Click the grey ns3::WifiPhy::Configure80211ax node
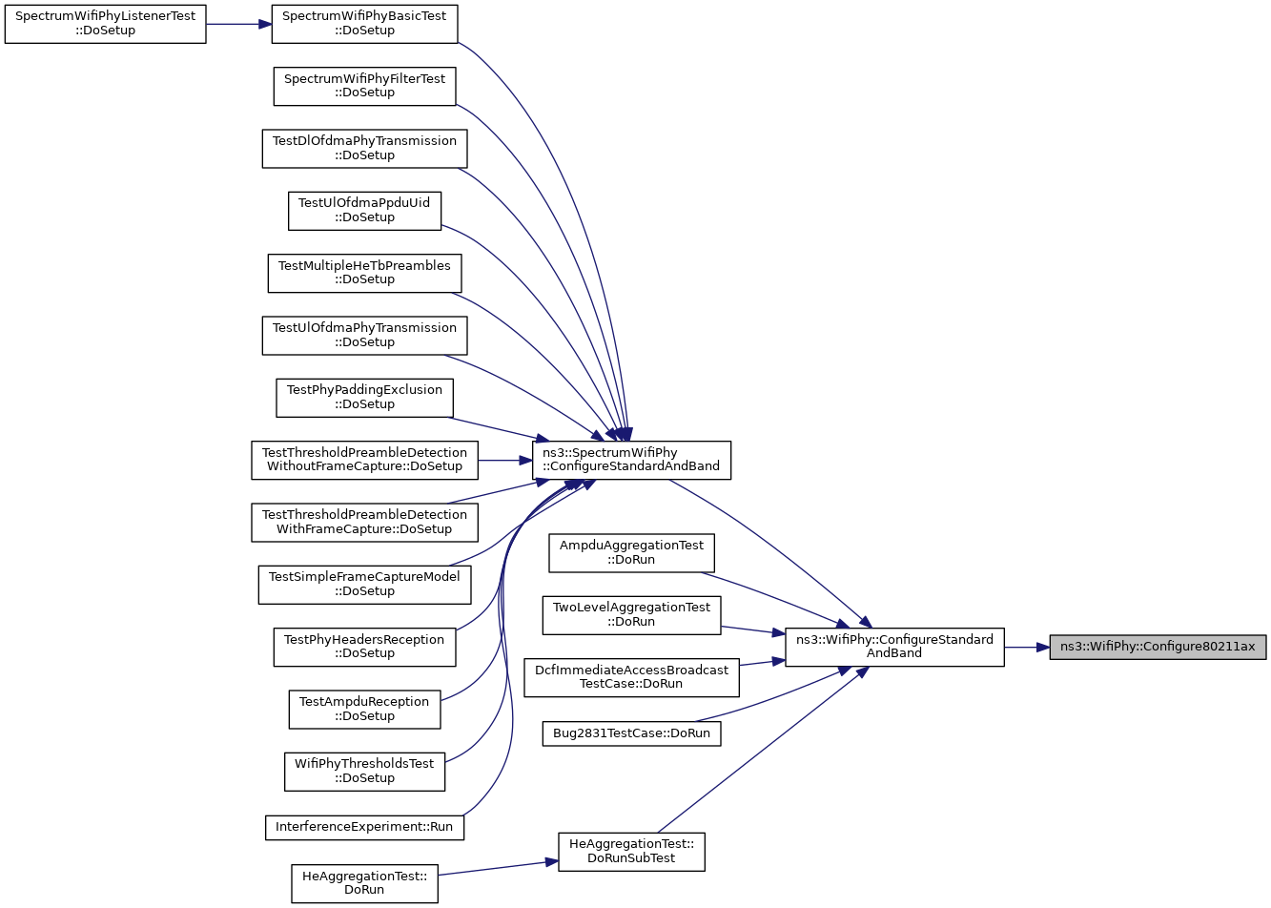(x=1158, y=648)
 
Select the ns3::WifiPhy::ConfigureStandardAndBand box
(x=894, y=648)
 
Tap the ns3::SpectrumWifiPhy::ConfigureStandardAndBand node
(x=631, y=461)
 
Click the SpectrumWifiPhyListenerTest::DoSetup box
(x=106, y=24)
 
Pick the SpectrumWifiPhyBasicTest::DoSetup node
(x=365, y=24)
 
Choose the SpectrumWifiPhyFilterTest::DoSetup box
(x=365, y=86)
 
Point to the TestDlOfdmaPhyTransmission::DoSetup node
(x=365, y=149)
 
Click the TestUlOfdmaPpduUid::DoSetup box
(x=365, y=211)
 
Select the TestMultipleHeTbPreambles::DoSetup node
(x=365, y=274)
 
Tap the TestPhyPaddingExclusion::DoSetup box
(x=365, y=398)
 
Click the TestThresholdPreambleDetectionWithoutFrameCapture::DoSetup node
(x=365, y=461)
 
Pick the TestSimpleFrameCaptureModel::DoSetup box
(x=365, y=585)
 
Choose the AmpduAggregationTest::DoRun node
(x=631, y=553)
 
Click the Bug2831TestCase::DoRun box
(x=631, y=733)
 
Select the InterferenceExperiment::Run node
(x=365, y=828)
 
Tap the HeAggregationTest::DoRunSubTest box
(x=631, y=852)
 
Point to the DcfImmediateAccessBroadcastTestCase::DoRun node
(x=631, y=677)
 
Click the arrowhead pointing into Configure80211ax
(x=1043, y=648)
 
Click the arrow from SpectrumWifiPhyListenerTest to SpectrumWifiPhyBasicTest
(x=239, y=24)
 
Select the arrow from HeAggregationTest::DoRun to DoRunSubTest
(x=498, y=868)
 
